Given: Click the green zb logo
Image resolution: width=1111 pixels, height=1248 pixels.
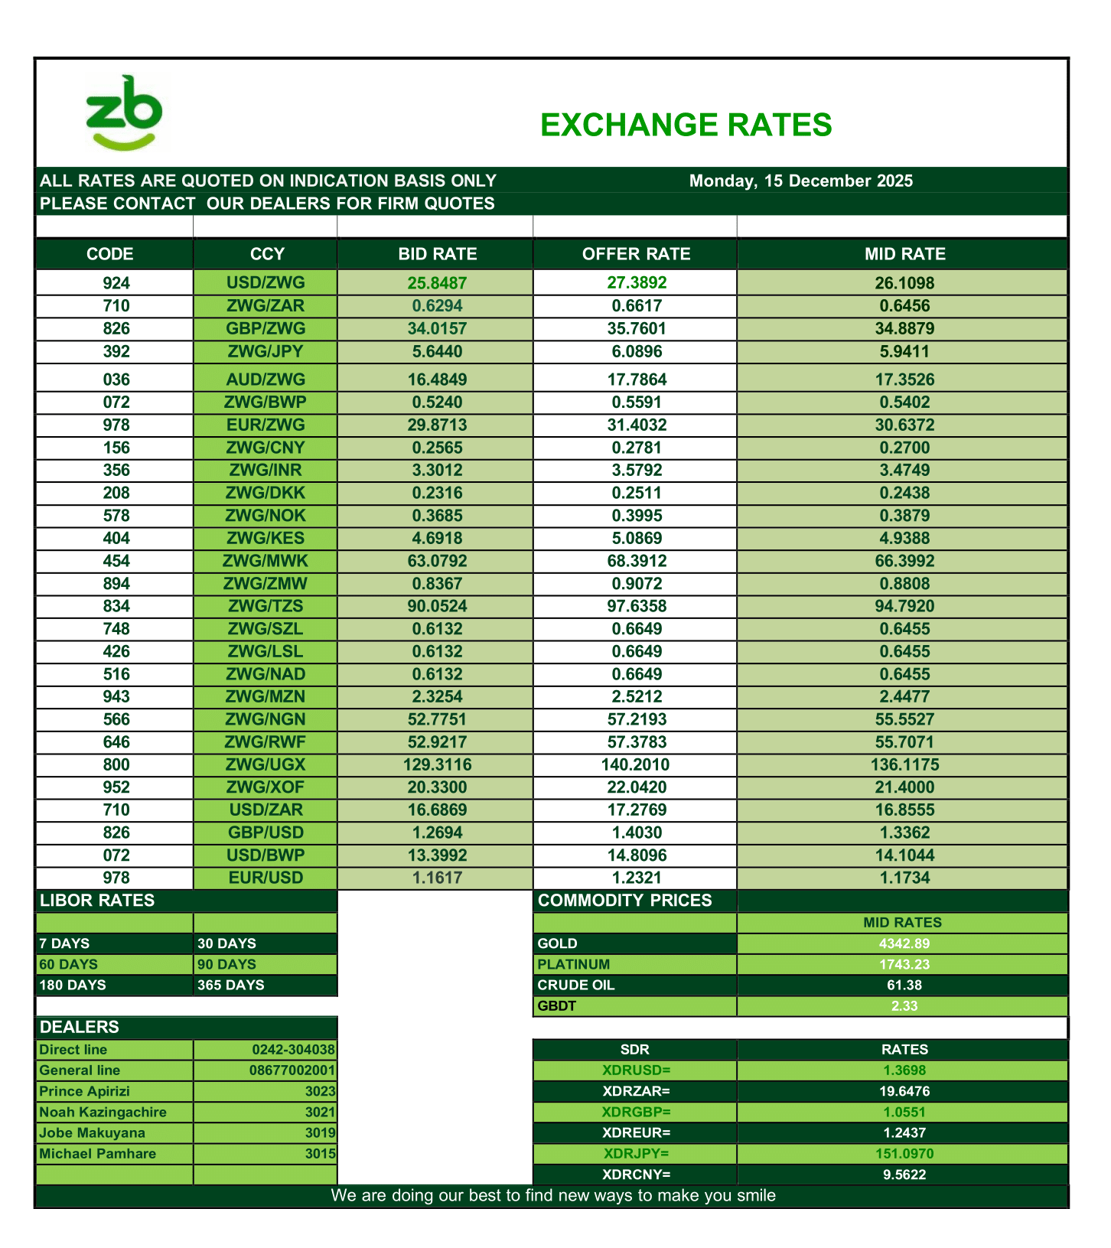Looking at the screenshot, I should pyautogui.click(x=124, y=112).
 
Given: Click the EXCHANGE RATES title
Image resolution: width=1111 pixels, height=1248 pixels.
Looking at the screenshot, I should pyautogui.click(x=686, y=125).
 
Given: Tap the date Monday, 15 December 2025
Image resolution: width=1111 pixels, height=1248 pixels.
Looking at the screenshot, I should pyautogui.click(x=800, y=181).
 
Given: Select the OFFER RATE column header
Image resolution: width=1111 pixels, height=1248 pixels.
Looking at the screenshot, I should pyautogui.click(x=636, y=254).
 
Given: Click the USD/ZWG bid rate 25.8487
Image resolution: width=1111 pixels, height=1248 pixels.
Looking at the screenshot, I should pyautogui.click(x=437, y=283).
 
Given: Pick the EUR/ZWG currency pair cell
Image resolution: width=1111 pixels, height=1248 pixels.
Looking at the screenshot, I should pyautogui.click(x=266, y=425).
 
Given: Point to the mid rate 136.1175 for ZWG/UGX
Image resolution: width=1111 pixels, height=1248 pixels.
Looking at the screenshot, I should pyautogui.click(x=904, y=765).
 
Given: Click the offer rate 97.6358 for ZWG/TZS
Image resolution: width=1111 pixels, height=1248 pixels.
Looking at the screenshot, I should pyautogui.click(x=637, y=607).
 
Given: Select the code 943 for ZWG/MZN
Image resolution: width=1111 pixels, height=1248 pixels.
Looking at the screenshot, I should pyautogui.click(x=116, y=697).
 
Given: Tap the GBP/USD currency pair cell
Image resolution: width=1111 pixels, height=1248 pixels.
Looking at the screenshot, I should pyautogui.click(x=266, y=833).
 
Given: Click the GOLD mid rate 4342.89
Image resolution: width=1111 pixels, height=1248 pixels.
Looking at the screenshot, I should pyautogui.click(x=904, y=944).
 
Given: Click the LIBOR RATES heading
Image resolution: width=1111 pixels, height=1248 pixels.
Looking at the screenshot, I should pyautogui.click(x=97, y=901).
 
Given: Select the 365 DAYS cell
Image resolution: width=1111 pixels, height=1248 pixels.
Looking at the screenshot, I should pyautogui.click(x=230, y=986).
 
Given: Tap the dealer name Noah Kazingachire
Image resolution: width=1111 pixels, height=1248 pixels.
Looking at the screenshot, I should pyautogui.click(x=103, y=1113).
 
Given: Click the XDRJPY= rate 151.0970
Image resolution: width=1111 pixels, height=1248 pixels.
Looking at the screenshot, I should pyautogui.click(x=904, y=1154).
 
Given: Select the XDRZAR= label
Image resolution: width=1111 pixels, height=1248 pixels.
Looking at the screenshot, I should pyautogui.click(x=636, y=1092).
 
